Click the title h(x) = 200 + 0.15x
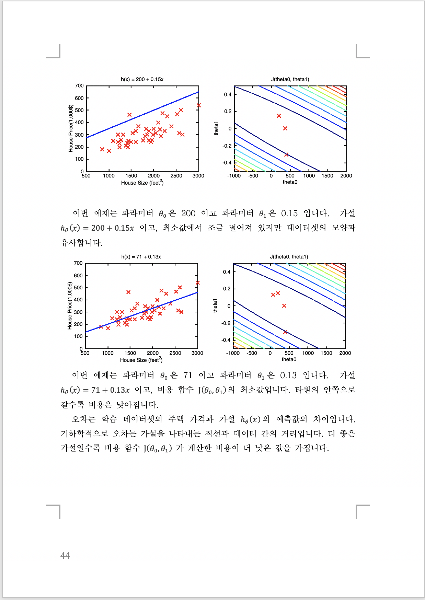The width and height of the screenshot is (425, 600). [x=142, y=79]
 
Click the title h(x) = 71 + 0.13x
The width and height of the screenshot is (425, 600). [x=141, y=257]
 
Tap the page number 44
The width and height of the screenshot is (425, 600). [x=65, y=556]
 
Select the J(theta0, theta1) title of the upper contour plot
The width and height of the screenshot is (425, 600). [x=290, y=79]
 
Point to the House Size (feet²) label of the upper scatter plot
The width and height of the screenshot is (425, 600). [x=142, y=183]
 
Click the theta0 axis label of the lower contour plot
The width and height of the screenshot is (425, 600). [x=289, y=359]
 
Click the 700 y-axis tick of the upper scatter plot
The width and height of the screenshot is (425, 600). [x=79, y=86]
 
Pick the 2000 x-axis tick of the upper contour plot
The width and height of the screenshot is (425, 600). [x=346, y=176]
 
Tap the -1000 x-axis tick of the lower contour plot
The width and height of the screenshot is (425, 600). [x=233, y=353]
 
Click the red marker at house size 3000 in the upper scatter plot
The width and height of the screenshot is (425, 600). [x=198, y=105]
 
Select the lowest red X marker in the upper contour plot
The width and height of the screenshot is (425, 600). [x=286, y=154]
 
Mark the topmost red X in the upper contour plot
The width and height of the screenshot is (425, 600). [x=279, y=116]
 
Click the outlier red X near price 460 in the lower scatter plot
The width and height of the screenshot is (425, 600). [x=128, y=292]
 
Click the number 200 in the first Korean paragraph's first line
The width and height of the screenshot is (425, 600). [x=188, y=214]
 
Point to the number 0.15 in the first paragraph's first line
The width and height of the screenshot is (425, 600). [x=289, y=214]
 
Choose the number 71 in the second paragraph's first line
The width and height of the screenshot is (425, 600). [x=188, y=376]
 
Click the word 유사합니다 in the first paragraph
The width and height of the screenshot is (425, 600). [x=81, y=243]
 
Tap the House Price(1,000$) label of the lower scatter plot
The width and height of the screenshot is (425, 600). [x=70, y=306]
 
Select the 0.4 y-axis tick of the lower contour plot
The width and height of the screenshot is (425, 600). [x=227, y=272]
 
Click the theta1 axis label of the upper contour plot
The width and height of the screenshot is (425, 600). [x=216, y=128]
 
